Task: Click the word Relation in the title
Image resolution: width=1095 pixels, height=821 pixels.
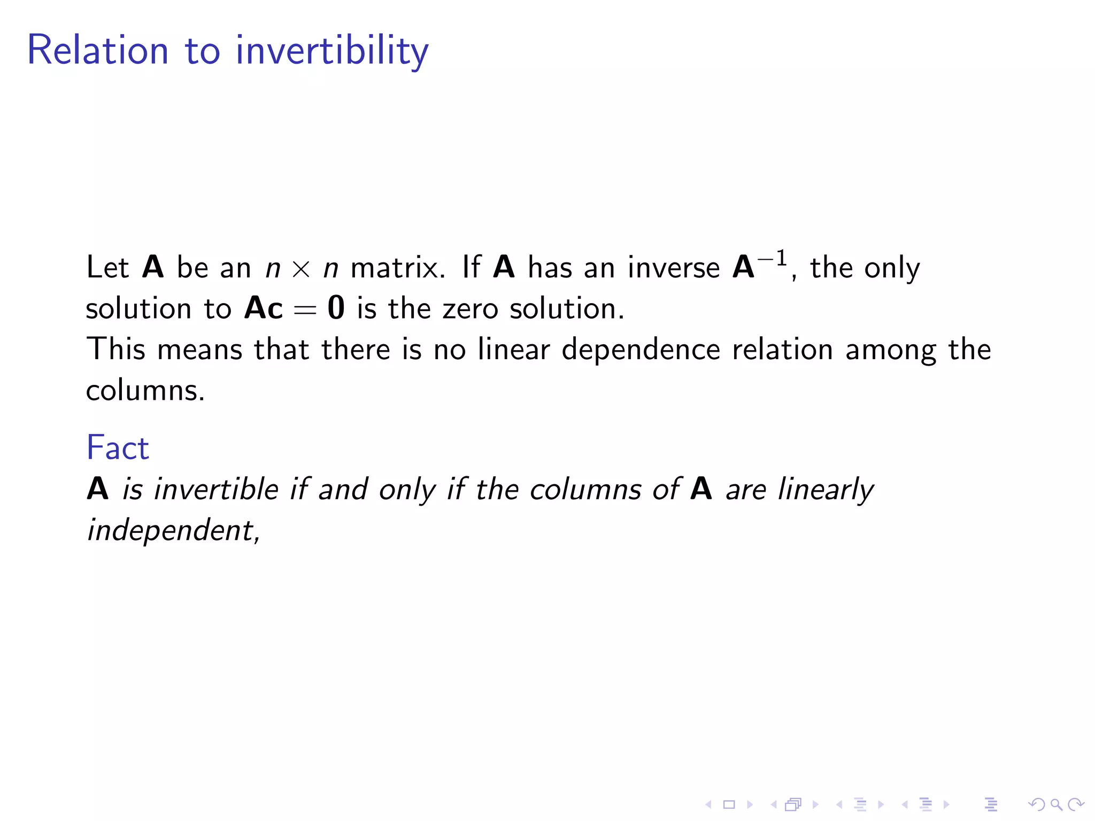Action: click(98, 50)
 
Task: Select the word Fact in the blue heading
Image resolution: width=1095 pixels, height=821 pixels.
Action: click(118, 447)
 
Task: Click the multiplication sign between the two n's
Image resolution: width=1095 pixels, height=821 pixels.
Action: click(301, 269)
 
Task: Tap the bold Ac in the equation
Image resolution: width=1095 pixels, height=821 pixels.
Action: click(263, 308)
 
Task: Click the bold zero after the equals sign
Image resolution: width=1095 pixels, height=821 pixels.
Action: click(336, 308)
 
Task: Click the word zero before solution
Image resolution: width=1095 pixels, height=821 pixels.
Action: click(470, 309)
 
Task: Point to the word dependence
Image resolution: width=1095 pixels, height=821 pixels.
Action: click(641, 350)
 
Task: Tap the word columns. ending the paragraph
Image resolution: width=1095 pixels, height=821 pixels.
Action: click(145, 390)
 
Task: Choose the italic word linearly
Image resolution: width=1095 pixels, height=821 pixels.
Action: click(826, 490)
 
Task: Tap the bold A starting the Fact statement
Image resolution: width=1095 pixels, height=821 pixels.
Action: click(98, 489)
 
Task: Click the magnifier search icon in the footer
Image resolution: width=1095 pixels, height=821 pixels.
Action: click(1056, 804)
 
